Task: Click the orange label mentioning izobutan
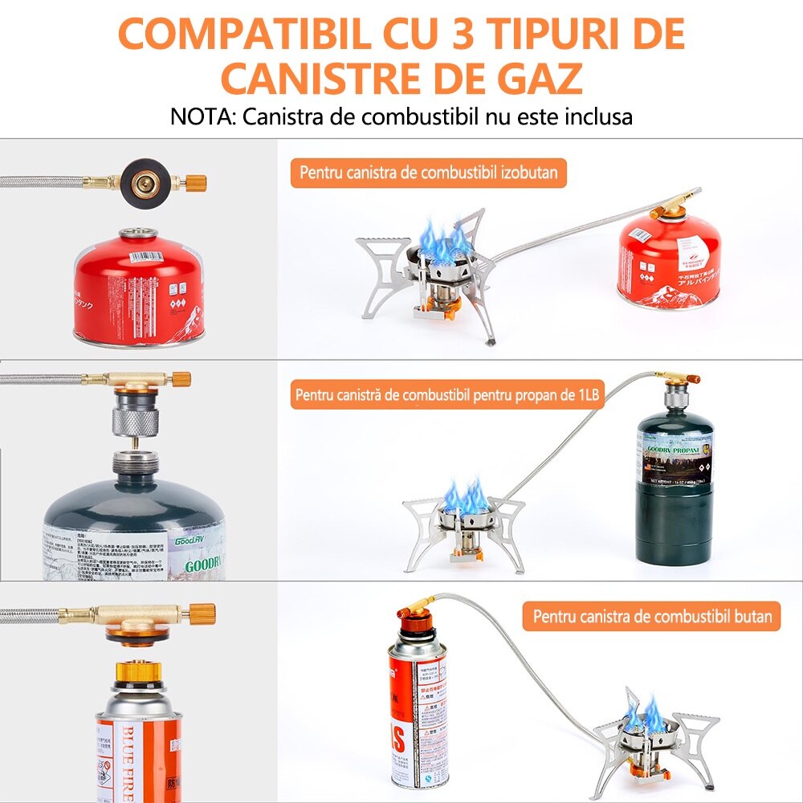[x=429, y=172]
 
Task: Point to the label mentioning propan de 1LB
[x=446, y=395]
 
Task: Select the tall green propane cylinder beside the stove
[x=674, y=483]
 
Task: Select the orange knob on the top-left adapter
[x=194, y=182]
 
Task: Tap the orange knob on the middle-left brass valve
[x=182, y=378]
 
